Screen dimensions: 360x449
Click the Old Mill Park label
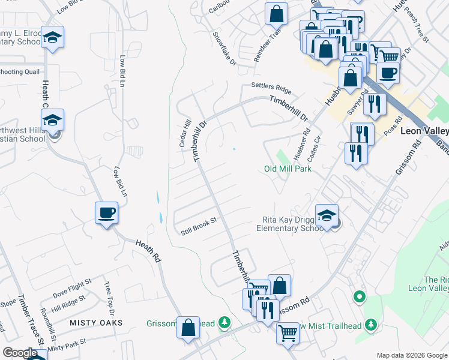click(x=288, y=169)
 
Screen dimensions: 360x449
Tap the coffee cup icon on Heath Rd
click(x=106, y=213)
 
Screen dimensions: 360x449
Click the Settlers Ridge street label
click(x=271, y=88)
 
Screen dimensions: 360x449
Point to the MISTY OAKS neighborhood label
click(x=96, y=323)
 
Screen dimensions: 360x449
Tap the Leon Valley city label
click(x=425, y=131)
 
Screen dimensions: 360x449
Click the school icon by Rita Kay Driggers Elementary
click(x=327, y=215)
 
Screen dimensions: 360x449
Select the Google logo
click(x=19, y=353)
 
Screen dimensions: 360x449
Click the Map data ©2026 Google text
click(x=411, y=355)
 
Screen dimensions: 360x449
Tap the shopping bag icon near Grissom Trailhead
click(x=188, y=328)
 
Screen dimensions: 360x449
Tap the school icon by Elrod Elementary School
click(x=53, y=38)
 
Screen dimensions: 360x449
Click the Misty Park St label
click(x=67, y=344)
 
